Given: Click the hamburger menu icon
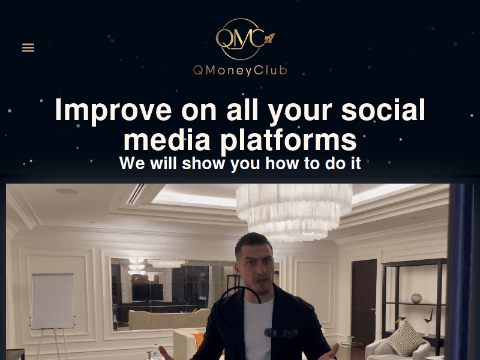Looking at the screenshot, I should pos(28,47).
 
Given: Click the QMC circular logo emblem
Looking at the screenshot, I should pos(239,40).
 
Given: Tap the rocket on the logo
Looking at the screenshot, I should pos(268,38).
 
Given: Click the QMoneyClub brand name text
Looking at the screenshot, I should pos(240,70).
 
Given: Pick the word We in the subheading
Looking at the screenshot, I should pos(132,163).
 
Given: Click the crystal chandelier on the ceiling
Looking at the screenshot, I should pos(294,207).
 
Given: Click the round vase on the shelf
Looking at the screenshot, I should pos(416,298).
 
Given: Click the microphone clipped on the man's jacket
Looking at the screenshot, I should pos(272,332).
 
